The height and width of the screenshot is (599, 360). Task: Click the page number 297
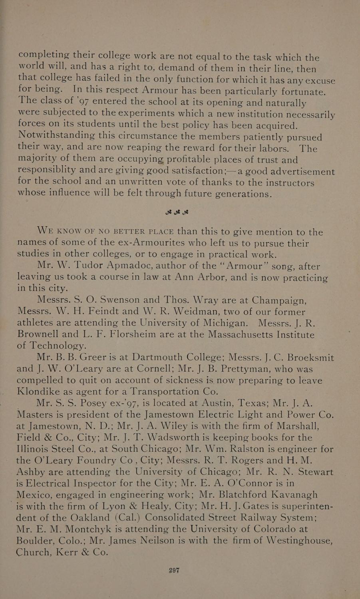tap(174, 571)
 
